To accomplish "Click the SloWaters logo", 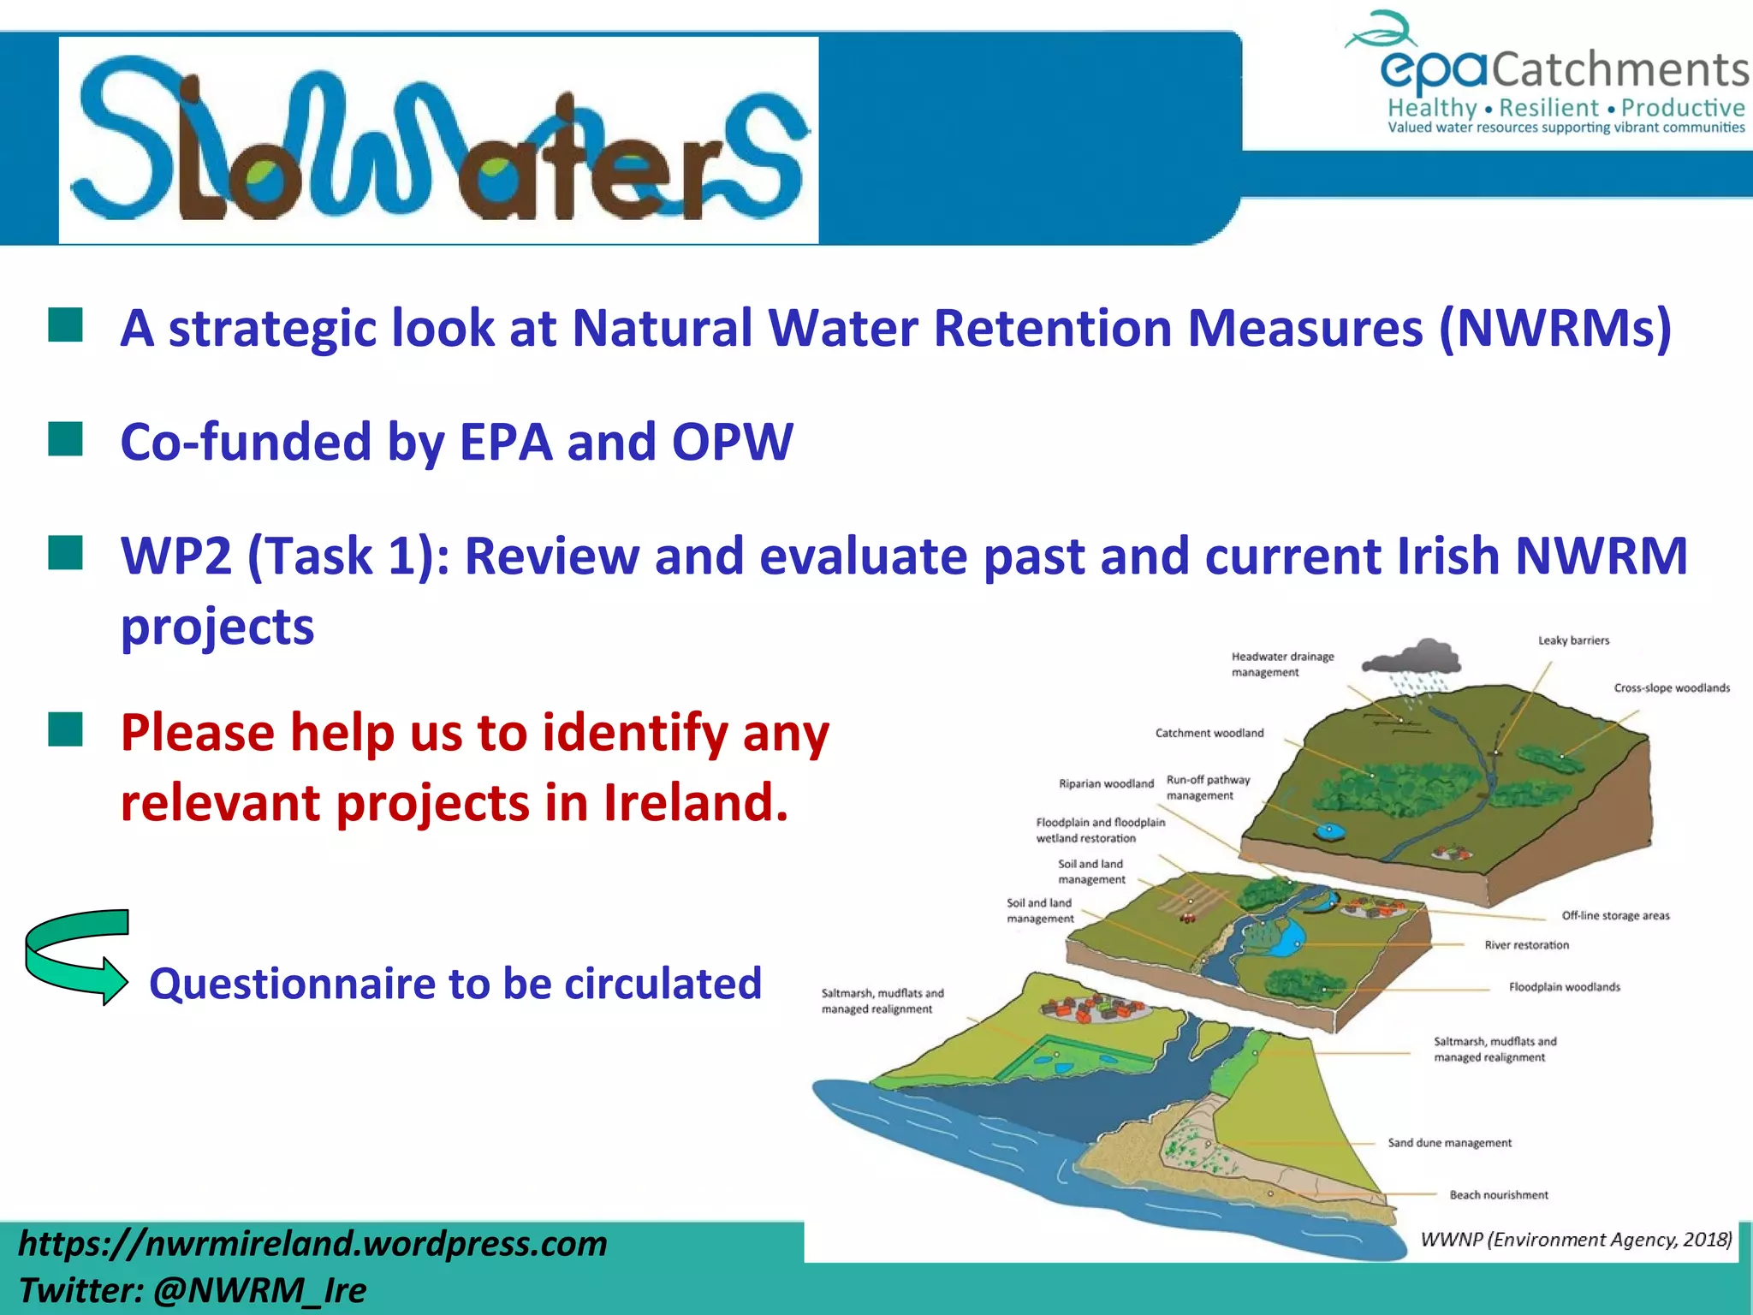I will (x=438, y=140).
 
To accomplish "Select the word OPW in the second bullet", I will (x=733, y=443).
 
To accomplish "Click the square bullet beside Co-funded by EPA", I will (x=66, y=439).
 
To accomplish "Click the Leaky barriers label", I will (x=1573, y=640).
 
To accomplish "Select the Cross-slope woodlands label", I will (x=1671, y=688).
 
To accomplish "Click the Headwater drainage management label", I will (x=1282, y=664).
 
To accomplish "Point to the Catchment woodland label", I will (x=1209, y=733).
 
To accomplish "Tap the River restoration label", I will (x=1526, y=945).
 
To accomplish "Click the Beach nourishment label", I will (x=1498, y=1195).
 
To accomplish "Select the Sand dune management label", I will (x=1449, y=1143).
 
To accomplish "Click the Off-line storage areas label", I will (x=1615, y=916).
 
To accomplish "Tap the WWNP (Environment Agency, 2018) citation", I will (x=1575, y=1240).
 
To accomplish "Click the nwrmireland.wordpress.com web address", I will (x=312, y=1244).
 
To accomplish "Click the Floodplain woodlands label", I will (x=1564, y=987).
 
